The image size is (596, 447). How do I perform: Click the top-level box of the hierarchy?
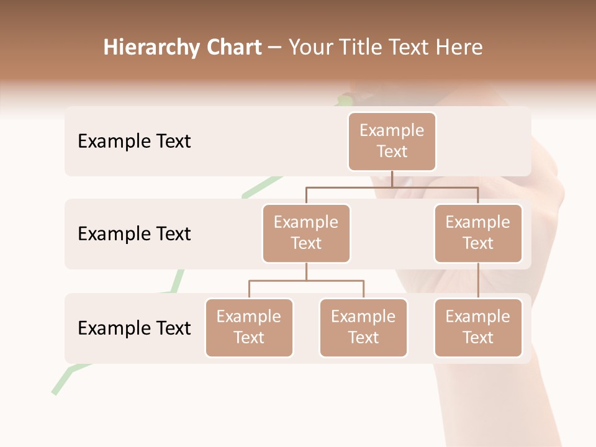392,142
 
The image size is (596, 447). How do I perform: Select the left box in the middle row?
306,233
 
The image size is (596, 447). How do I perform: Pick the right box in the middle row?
478,233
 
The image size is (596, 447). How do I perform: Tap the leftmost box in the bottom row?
249,328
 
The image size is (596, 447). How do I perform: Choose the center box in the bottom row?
363,328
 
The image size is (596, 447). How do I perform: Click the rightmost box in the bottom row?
478,328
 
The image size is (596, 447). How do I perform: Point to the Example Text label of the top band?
134,142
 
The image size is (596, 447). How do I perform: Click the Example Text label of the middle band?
134,234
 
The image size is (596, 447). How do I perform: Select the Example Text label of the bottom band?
134,328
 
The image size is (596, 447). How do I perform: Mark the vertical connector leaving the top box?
392,179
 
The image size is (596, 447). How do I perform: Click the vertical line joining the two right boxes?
478,281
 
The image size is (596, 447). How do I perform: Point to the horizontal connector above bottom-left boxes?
306,281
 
